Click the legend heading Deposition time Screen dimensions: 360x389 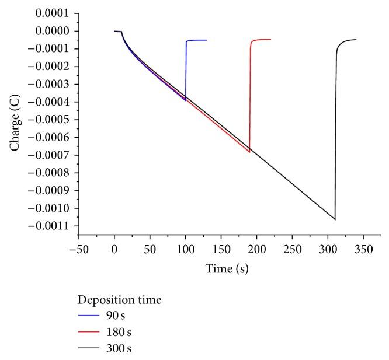coord(119,300)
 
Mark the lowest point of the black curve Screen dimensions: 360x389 coord(335,219)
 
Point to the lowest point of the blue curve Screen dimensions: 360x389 coord(185,100)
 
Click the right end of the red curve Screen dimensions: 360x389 coord(271,39)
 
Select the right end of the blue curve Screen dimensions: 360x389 coord(207,40)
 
